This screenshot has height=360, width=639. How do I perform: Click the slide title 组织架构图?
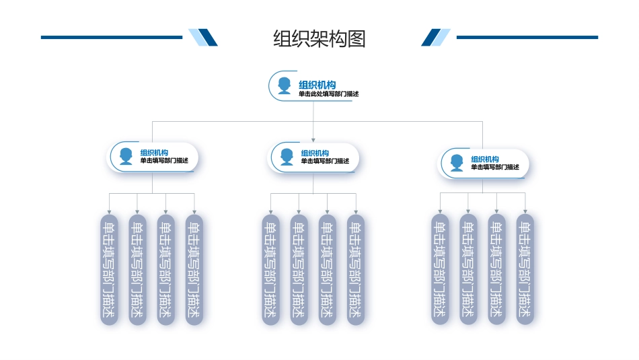click(319, 38)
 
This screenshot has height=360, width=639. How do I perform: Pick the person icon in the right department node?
click(457, 163)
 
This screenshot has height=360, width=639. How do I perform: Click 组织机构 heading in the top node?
click(317, 84)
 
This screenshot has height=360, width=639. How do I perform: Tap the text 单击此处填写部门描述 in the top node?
click(329, 94)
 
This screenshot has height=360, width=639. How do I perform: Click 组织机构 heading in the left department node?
click(154, 153)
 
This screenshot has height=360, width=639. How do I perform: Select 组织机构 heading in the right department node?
click(485, 159)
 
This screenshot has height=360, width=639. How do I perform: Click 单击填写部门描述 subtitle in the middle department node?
click(325, 161)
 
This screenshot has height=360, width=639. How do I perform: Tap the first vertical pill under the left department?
click(109, 269)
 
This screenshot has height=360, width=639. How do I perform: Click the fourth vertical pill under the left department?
click(194, 269)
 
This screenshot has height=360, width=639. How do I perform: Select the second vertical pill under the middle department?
click(299, 269)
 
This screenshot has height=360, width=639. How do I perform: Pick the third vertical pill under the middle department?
click(328, 269)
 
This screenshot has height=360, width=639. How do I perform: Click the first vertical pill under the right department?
click(440, 269)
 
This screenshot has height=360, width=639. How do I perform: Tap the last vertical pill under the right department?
click(525, 269)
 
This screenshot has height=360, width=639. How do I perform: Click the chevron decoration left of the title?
click(203, 38)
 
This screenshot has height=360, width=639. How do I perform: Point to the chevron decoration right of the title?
click(436, 38)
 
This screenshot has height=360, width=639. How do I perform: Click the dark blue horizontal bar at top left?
click(111, 38)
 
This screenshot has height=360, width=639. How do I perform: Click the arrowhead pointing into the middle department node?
click(313, 140)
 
